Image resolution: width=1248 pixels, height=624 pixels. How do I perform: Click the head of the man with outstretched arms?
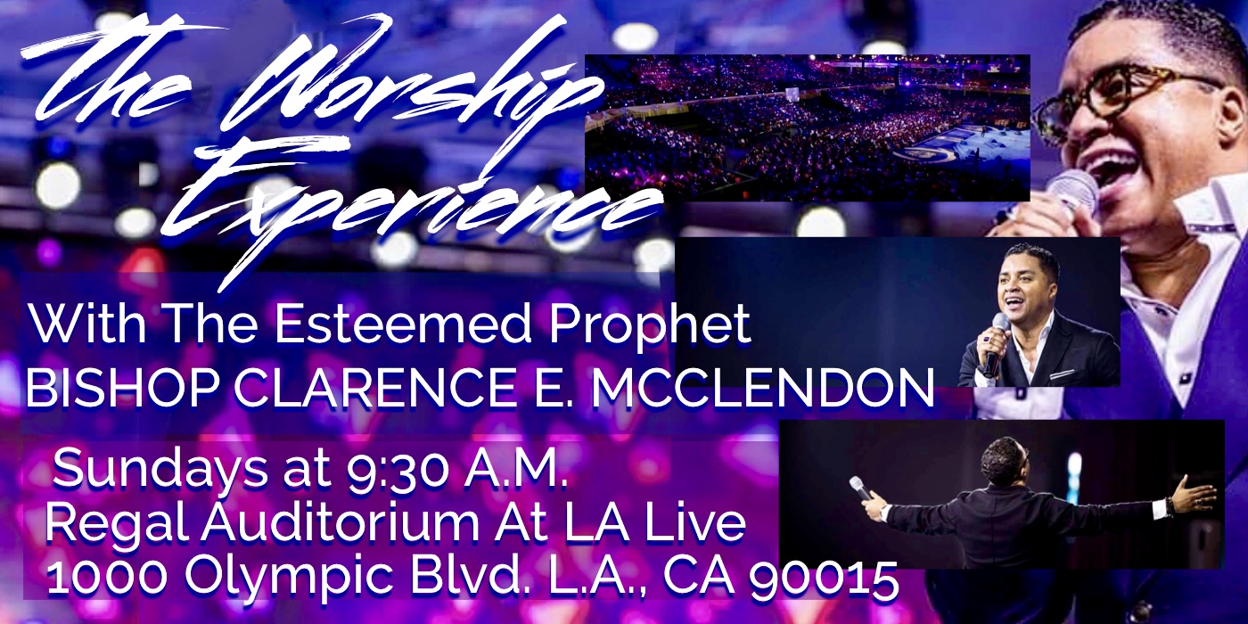pyautogui.click(x=1003, y=460)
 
